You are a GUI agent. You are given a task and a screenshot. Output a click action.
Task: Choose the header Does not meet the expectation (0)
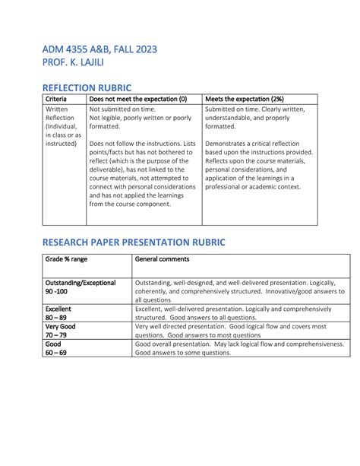[x=139, y=100]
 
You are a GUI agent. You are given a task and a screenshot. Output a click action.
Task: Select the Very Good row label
[x=62, y=326]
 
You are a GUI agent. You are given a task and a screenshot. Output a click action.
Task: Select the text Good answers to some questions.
[x=183, y=353]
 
